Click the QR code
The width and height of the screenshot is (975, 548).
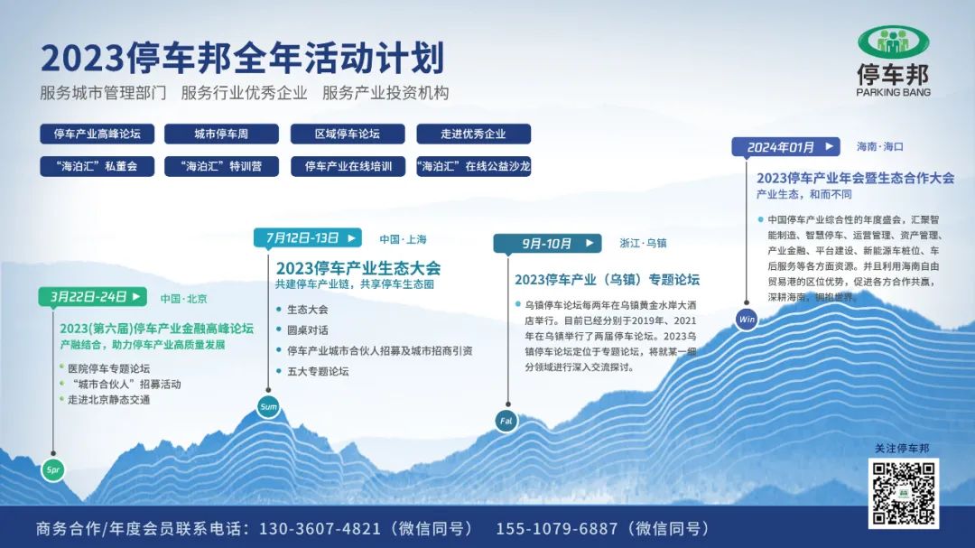[904, 494]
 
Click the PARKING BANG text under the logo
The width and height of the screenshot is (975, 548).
[894, 92]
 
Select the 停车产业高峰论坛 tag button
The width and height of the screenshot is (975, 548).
[97, 134]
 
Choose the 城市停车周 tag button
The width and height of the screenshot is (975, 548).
[221, 134]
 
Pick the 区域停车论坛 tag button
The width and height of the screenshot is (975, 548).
[348, 134]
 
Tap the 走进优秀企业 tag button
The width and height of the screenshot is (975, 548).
[474, 134]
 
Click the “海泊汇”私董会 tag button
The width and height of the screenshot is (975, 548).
[97, 166]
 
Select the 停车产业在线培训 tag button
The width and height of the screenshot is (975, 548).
[348, 166]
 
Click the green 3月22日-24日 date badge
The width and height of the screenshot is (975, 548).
[93, 297]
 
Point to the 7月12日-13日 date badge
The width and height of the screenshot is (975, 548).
[308, 237]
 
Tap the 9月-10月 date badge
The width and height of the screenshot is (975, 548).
[547, 243]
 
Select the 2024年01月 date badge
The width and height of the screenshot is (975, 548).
[786, 147]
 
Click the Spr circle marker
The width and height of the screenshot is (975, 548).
[53, 469]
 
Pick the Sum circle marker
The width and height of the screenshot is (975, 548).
[268, 407]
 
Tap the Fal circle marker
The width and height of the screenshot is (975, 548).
[506, 421]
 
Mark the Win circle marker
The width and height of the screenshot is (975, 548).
[747, 319]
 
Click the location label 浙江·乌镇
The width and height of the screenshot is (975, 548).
[643, 243]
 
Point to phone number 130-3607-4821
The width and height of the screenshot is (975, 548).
[320, 529]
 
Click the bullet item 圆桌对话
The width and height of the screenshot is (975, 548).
[308, 330]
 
